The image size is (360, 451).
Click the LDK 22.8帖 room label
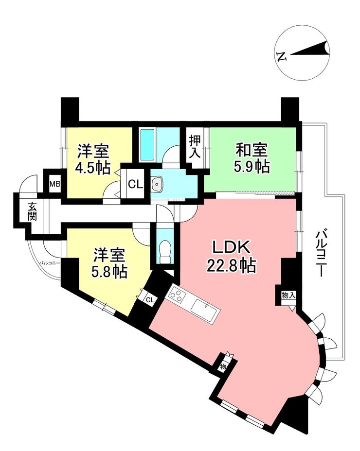click(231, 256)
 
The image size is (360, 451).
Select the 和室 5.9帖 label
click(252, 158)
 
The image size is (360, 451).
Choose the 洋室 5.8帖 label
click(109, 263)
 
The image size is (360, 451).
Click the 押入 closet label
click(195, 146)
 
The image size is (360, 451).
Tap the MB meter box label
click(54, 184)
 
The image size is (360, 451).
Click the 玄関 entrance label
click(32, 211)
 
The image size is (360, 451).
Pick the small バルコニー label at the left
click(50, 262)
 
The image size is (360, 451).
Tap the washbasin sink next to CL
click(157, 184)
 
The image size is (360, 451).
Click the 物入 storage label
click(288, 295)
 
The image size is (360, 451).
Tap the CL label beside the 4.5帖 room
click(135, 184)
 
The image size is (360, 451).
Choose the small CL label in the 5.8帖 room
click(150, 300)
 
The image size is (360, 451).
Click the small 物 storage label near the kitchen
click(223, 367)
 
